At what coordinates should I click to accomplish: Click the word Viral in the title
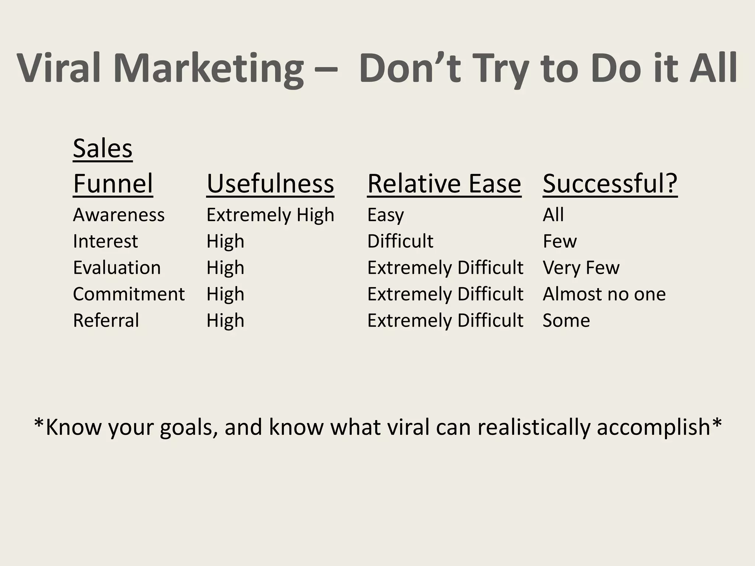59,69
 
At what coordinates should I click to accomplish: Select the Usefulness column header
270,184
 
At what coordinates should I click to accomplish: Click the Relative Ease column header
444,184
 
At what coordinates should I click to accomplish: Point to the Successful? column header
610,184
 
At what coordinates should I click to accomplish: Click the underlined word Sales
102,149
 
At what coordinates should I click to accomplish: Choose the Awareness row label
119,215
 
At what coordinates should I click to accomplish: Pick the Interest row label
105,241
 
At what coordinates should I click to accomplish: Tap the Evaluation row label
117,268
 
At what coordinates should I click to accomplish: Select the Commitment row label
129,294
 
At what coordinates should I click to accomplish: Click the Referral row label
106,321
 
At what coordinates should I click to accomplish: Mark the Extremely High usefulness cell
270,215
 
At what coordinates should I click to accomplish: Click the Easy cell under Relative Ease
386,215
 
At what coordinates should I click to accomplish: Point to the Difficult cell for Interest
400,241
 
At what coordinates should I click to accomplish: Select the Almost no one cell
604,294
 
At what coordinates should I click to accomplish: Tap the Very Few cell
581,268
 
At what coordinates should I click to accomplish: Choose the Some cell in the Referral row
566,321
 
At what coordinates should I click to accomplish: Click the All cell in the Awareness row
553,215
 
